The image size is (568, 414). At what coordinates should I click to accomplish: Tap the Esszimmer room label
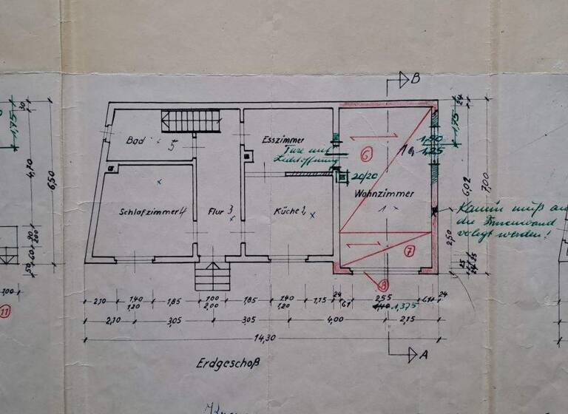(x=279, y=139)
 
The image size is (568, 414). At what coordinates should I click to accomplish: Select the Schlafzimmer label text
(x=147, y=211)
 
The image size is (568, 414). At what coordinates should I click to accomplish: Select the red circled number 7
(x=410, y=251)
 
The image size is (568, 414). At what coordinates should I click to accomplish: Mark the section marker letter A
(x=424, y=354)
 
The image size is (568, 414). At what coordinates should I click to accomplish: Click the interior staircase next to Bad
(x=192, y=121)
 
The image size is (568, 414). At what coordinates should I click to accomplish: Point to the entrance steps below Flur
(x=210, y=277)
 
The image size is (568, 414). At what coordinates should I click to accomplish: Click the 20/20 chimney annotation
(x=362, y=176)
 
